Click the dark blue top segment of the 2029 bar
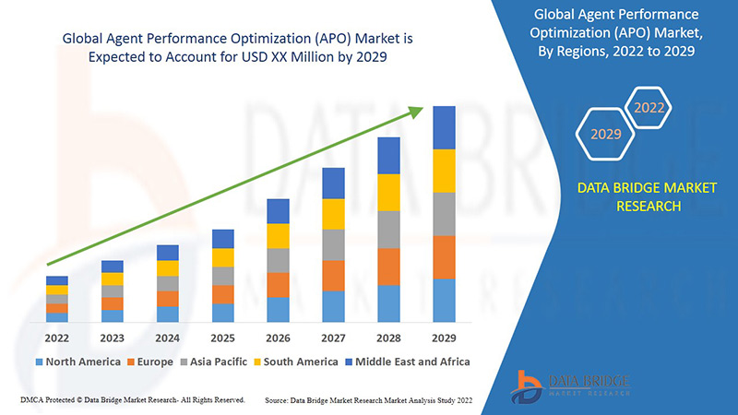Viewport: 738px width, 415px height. click(444, 127)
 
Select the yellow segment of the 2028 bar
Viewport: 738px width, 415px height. click(388, 192)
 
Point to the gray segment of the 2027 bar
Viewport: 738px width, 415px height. click(333, 244)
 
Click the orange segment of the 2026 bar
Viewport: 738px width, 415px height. click(278, 284)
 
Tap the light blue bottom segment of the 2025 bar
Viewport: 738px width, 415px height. click(222, 313)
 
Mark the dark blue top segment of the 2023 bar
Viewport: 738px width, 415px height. click(112, 267)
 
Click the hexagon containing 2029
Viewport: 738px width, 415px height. click(606, 135)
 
